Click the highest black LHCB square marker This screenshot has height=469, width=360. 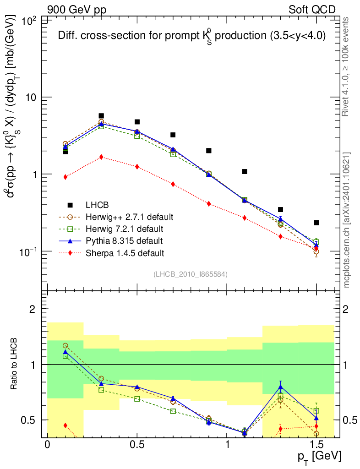point(101,116)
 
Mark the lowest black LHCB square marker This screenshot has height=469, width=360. point(316,223)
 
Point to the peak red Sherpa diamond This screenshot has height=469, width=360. point(101,157)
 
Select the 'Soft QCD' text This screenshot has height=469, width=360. point(312,9)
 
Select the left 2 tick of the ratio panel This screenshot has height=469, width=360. point(33,309)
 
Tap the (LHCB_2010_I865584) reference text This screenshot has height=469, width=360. point(191,274)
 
